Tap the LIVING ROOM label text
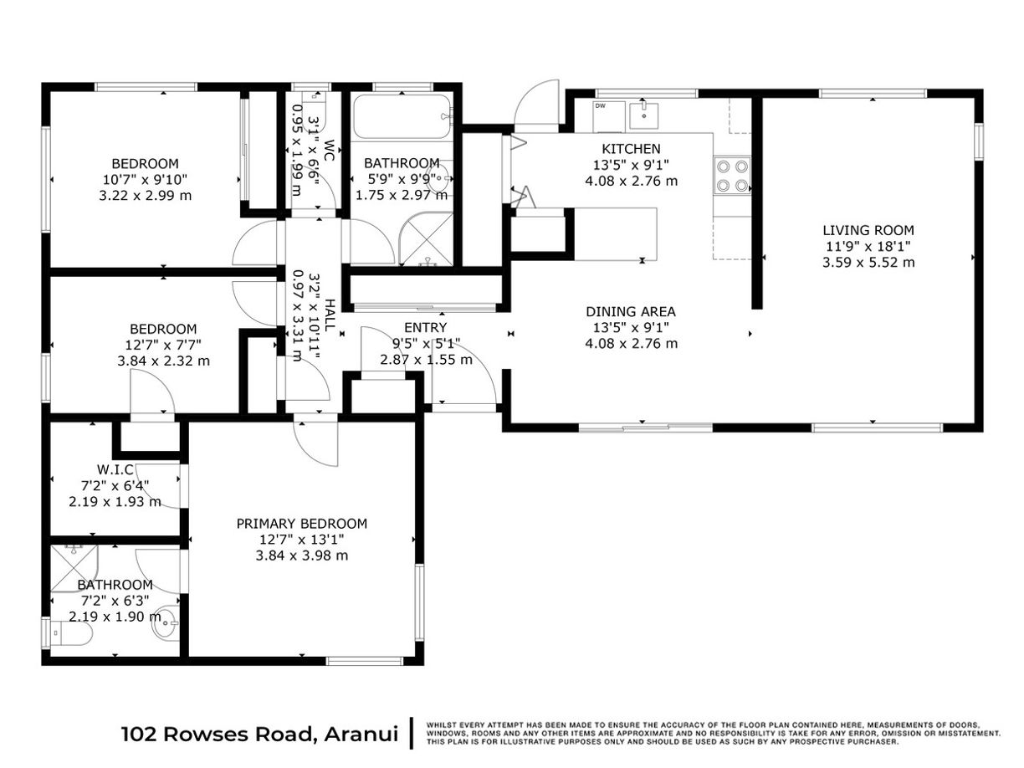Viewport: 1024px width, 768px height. [x=868, y=230]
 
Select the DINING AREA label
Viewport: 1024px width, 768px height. [x=631, y=312]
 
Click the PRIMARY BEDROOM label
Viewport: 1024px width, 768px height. [x=301, y=524]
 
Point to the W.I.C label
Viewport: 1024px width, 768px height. [x=115, y=470]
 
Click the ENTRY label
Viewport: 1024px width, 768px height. [x=425, y=327]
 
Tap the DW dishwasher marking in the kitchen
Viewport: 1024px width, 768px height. [x=600, y=106]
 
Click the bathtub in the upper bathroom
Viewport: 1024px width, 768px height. [x=402, y=119]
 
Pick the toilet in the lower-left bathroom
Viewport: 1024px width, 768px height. [x=69, y=634]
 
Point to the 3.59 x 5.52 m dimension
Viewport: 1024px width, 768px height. [x=868, y=262]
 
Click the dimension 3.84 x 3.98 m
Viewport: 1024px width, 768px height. [x=301, y=556]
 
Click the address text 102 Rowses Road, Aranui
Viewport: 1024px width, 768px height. [x=259, y=735]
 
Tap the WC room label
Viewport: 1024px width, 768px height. [x=329, y=151]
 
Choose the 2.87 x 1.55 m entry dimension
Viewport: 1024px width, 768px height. [x=425, y=359]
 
